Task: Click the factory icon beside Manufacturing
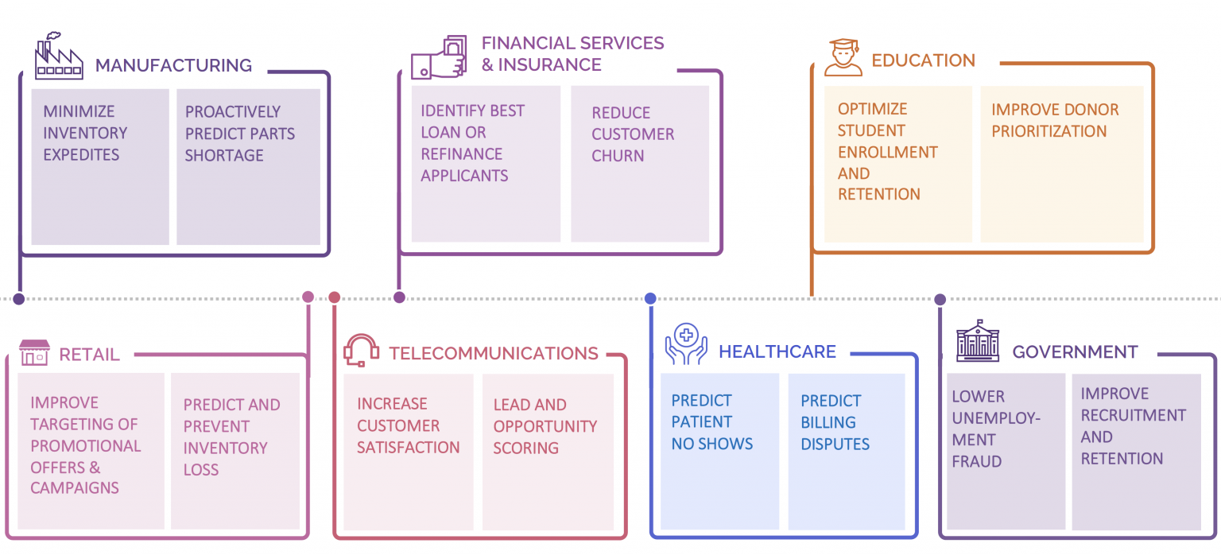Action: tap(59, 56)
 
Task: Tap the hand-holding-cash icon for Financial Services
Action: tap(438, 57)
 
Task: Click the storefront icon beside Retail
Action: tap(34, 353)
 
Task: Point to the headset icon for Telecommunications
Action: tap(361, 351)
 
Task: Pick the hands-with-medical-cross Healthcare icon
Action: tap(685, 344)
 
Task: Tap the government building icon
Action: tap(977, 342)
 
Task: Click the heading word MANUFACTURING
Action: tap(173, 65)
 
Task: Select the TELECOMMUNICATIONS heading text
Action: tap(493, 353)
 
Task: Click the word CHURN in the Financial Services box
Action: tap(618, 156)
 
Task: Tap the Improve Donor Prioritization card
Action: tap(1061, 163)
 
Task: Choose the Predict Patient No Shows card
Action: tap(719, 450)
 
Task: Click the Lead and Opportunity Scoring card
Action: tap(548, 450)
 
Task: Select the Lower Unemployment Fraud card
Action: tap(1006, 450)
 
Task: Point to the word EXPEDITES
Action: tap(81, 155)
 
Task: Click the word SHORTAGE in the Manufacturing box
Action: tap(223, 155)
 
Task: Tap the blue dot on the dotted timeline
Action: tap(650, 298)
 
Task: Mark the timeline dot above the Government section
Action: tap(940, 300)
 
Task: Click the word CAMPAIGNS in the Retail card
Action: tap(75, 488)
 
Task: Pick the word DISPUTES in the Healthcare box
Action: tap(835, 444)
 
